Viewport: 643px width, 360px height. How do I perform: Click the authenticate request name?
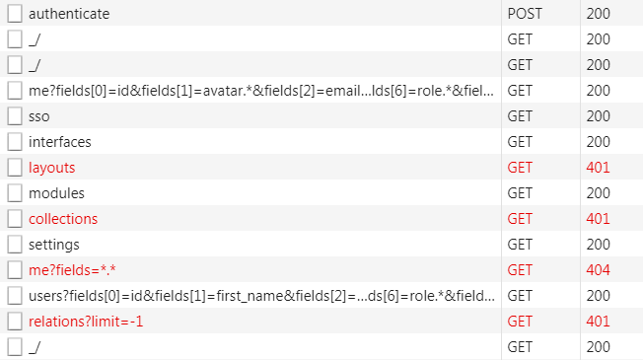(x=69, y=15)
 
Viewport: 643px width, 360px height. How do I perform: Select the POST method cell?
(x=525, y=15)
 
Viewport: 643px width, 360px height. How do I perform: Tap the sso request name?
(x=39, y=116)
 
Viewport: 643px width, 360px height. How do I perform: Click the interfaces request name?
(x=59, y=142)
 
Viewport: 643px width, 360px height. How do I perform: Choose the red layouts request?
(x=51, y=168)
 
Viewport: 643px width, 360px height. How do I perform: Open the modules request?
(x=56, y=193)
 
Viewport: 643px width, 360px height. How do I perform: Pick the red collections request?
(x=63, y=219)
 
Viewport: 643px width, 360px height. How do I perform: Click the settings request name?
(x=54, y=245)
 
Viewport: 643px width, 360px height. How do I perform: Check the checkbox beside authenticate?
(x=15, y=15)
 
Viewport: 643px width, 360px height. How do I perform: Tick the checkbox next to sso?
(x=15, y=116)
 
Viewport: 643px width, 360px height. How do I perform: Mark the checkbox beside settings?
(x=15, y=245)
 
